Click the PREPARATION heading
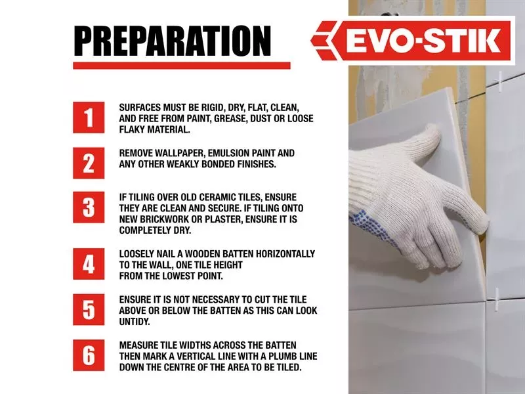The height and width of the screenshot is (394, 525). (x=172, y=41)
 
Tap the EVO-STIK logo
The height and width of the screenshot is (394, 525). (x=413, y=41)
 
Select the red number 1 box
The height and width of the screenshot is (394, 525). (x=89, y=118)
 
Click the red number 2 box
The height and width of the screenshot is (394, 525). (x=89, y=163)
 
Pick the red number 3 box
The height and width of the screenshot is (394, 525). (x=89, y=208)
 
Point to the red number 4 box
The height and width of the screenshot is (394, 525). (x=89, y=264)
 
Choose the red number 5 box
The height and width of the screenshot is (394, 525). (x=89, y=309)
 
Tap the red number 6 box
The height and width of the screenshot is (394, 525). (x=89, y=355)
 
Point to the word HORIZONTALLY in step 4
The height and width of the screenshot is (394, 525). (x=285, y=254)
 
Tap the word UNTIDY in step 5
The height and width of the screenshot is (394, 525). (x=135, y=322)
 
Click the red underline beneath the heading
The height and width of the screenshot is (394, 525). (x=182, y=66)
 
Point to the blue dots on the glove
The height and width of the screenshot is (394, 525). (x=371, y=228)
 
